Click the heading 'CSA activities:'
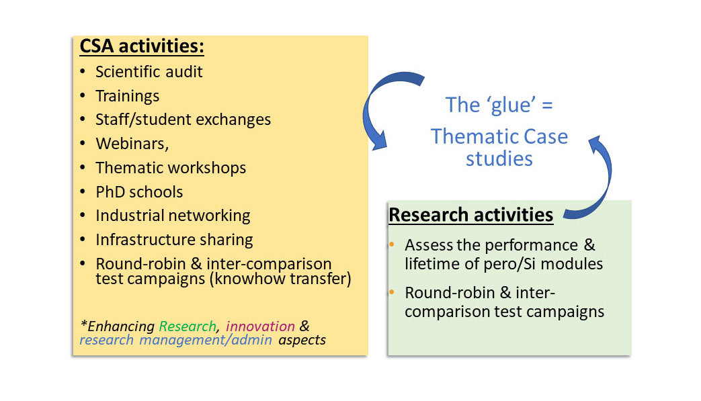(x=142, y=46)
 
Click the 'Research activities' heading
(x=470, y=215)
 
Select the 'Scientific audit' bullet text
(x=149, y=71)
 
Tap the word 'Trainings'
(x=128, y=96)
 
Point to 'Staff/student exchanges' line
(x=183, y=120)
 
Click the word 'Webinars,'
(x=132, y=144)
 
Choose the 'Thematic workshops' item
(x=171, y=168)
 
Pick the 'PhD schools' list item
(x=140, y=192)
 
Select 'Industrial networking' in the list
(x=173, y=216)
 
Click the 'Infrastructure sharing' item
(x=174, y=240)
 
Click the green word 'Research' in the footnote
(x=188, y=326)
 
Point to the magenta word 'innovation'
(x=260, y=326)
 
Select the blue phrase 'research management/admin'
(x=175, y=341)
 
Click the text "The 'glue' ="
(x=499, y=105)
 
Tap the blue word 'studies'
(x=499, y=159)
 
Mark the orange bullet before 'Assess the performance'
(x=392, y=244)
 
